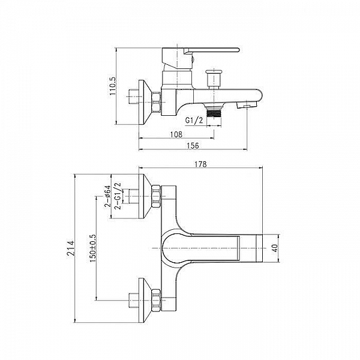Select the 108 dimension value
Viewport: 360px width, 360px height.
point(176,134)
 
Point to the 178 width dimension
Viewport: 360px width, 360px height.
point(201,164)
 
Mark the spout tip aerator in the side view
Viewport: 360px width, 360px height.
point(245,105)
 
